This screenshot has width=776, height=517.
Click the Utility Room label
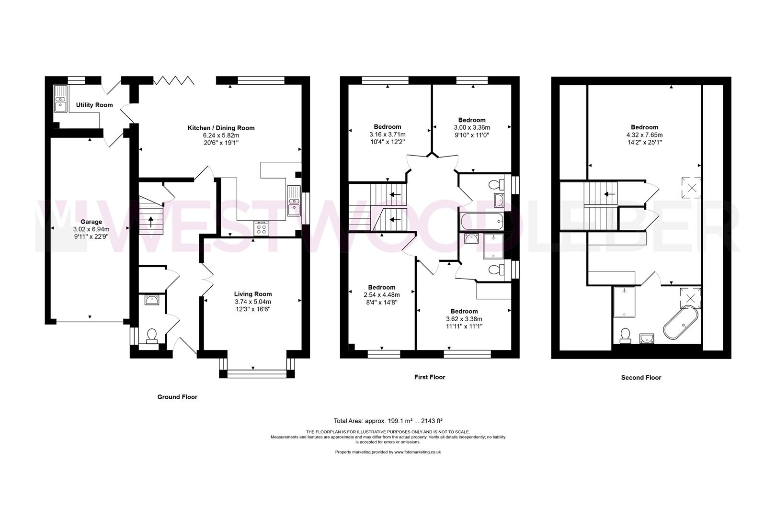(94, 105)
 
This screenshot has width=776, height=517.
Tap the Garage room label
(91, 222)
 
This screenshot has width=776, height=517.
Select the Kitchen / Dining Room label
(221, 128)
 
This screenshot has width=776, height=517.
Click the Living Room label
(253, 294)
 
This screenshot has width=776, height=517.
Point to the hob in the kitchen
(261, 228)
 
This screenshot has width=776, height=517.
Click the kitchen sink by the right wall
(294, 201)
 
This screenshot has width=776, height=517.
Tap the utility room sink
(61, 99)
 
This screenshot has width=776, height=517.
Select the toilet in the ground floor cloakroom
(152, 336)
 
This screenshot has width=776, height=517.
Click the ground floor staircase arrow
(151, 222)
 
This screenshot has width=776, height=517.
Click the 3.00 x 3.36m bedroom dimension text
(472, 127)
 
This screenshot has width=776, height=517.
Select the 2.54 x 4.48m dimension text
(382, 295)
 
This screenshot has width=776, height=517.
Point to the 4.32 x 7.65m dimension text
(644, 135)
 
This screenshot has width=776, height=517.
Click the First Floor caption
(430, 377)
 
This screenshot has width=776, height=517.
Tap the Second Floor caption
(641, 377)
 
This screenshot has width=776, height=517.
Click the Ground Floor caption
(177, 397)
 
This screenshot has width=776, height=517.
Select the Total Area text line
(388, 421)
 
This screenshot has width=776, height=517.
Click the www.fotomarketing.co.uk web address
(417, 452)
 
